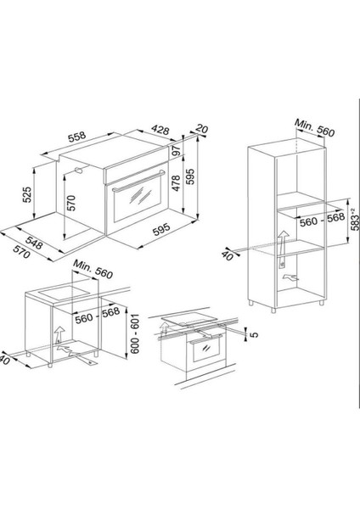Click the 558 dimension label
[x=77, y=137]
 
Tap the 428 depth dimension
[x=160, y=130]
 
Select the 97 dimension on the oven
[x=177, y=151]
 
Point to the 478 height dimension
[x=176, y=183]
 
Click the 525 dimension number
[x=27, y=194]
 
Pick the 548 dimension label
[x=34, y=243]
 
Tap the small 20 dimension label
[x=202, y=129]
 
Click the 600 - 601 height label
[x=134, y=333]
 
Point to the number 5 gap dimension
[x=256, y=334]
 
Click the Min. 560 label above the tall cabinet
[x=314, y=128]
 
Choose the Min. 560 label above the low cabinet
[x=93, y=270]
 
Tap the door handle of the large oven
[x=138, y=181]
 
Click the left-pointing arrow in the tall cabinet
[x=290, y=277]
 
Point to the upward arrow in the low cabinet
[x=59, y=335]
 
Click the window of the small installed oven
[x=206, y=350]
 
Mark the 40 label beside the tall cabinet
[x=227, y=255]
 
